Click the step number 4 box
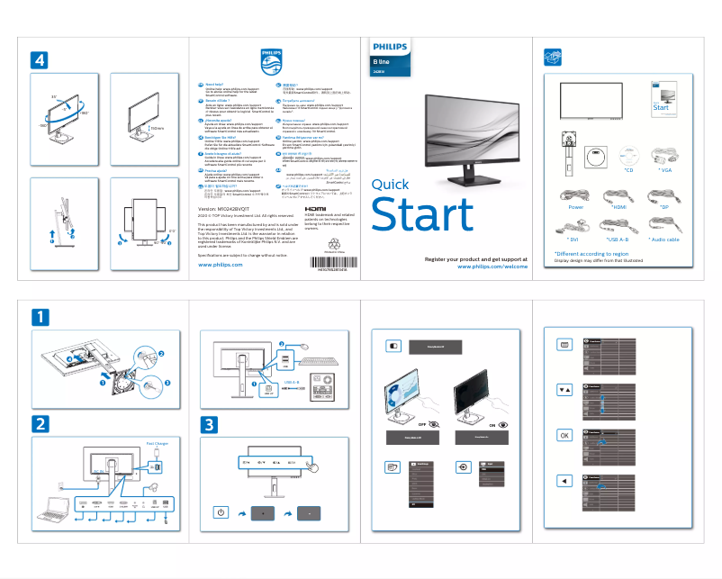pos(39,59)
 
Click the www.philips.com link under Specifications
pos(220,265)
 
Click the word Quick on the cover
pos(390,185)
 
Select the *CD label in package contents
pos(628,168)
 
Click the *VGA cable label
pos(666,168)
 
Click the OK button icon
pos(564,434)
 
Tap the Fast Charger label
pos(157,443)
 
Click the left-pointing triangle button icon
pos(564,480)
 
